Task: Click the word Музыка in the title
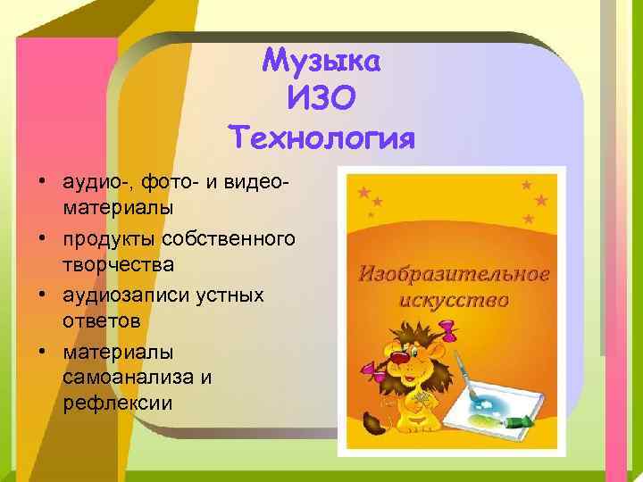coord(321,62)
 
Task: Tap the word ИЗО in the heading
coord(322,101)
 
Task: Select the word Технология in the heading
coord(322,139)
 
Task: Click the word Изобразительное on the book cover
coord(455,272)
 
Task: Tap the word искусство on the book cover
coord(455,299)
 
